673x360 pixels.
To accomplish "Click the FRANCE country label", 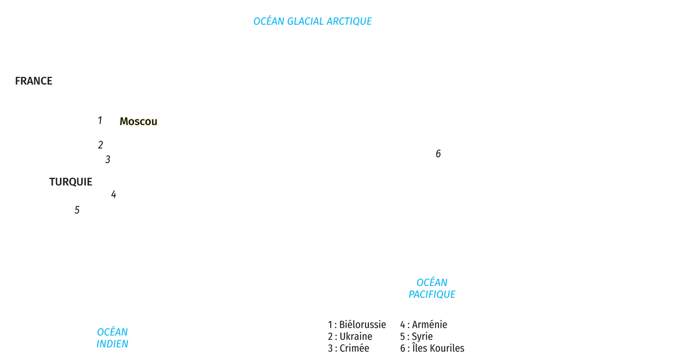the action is click(34, 81).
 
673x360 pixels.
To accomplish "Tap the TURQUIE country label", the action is click(71, 182).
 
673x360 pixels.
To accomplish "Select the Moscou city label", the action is click(138, 122).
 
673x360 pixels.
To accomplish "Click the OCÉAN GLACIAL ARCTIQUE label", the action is click(312, 21).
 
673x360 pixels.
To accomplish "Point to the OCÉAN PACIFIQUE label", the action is click(432, 288).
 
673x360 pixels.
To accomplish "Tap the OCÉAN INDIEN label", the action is click(112, 338).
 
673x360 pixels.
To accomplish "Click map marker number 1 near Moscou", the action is click(100, 121).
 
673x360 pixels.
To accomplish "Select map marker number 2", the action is click(100, 145).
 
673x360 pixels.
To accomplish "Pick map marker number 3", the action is click(108, 159).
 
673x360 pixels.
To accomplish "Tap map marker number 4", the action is click(113, 195).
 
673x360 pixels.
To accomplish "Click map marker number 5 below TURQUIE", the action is click(77, 210).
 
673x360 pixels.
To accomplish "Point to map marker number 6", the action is click(438, 154).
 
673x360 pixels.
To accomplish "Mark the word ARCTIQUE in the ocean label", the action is click(349, 21).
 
